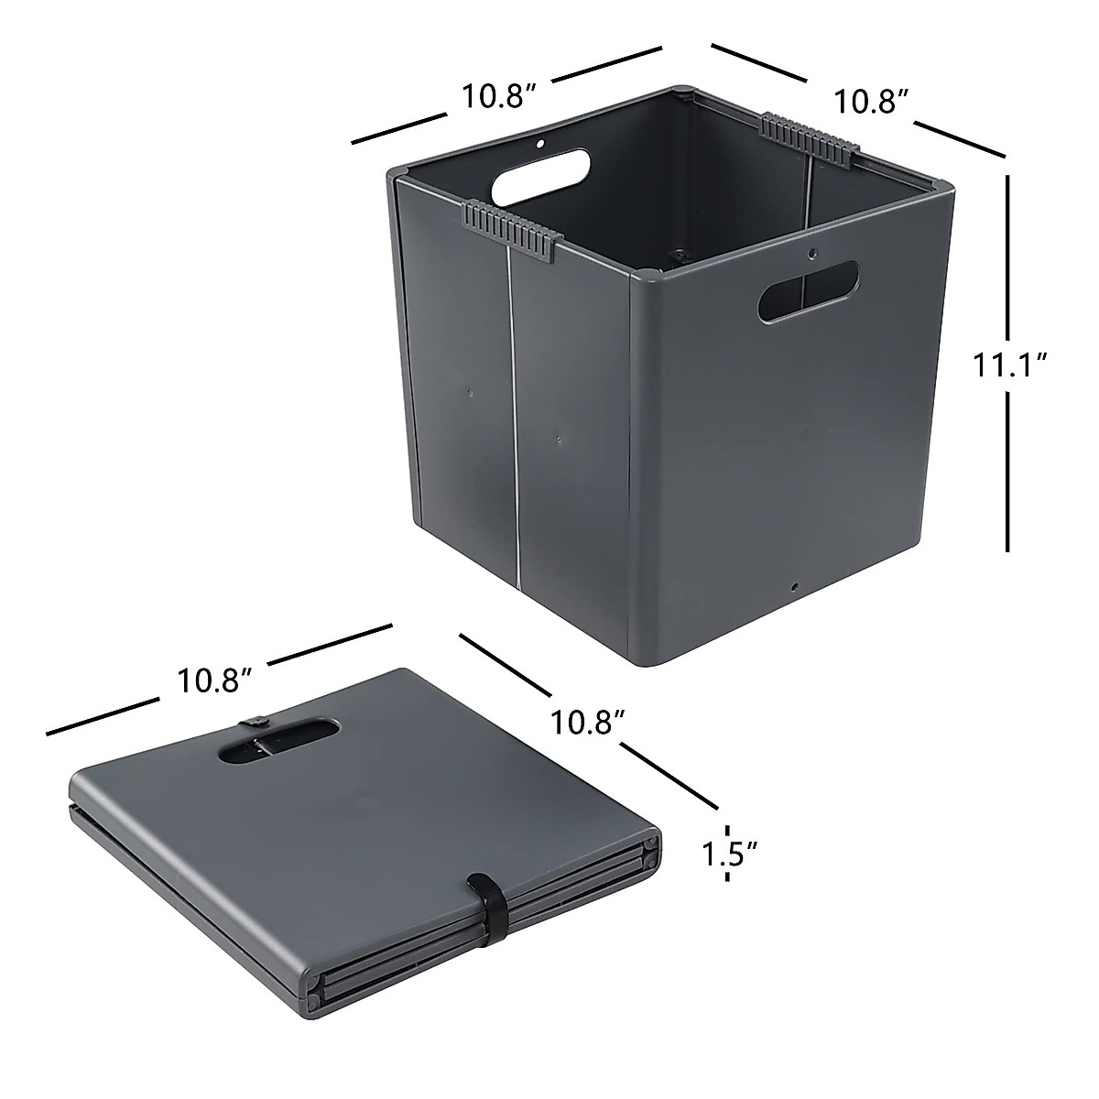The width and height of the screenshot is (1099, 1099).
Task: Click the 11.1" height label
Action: [x=1010, y=365]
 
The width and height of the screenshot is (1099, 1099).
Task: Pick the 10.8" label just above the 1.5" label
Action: [x=588, y=722]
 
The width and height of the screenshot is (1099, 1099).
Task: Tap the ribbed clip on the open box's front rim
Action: [x=511, y=225]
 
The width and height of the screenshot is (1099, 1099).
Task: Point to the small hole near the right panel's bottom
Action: [x=794, y=585]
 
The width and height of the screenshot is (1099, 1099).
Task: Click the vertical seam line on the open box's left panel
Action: [x=511, y=421]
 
